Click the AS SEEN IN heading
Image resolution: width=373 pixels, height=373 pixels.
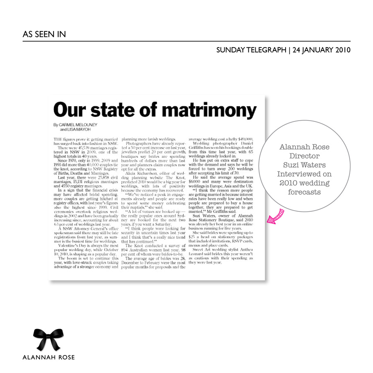click(44, 34)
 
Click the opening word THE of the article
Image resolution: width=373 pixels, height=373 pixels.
click(58, 139)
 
